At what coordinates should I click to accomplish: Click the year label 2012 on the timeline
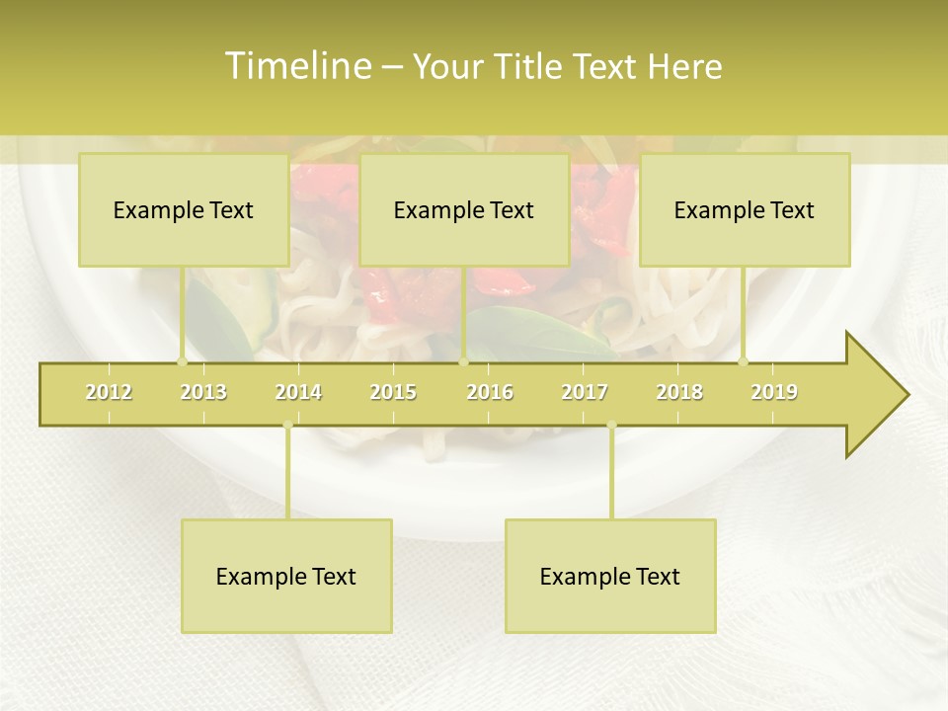[x=109, y=392]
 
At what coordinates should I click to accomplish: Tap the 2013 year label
[x=203, y=392]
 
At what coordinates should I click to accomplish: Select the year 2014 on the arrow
[x=298, y=392]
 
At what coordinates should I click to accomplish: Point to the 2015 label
[x=393, y=392]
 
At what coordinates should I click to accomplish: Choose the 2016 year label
[x=490, y=392]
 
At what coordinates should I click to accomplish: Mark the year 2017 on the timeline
[x=585, y=392]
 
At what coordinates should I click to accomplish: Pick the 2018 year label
[x=679, y=392]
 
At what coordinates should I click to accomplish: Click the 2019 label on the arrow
[x=774, y=392]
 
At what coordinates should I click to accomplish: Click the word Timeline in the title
[x=297, y=66]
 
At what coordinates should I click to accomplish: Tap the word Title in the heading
[x=530, y=67]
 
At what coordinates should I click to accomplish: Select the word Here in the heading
[x=684, y=67]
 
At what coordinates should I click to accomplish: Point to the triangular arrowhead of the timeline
[x=877, y=394]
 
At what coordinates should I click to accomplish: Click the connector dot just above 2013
[x=182, y=361]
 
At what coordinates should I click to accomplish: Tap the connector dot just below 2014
[x=287, y=426]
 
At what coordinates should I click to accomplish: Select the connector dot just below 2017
[x=611, y=426]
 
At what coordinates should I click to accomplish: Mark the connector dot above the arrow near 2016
[x=464, y=361]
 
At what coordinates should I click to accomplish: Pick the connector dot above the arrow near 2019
[x=744, y=361]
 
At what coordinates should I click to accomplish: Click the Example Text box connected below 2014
[x=286, y=576]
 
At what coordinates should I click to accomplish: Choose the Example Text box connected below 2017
[x=610, y=576]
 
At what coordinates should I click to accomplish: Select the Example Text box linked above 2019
[x=745, y=209]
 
